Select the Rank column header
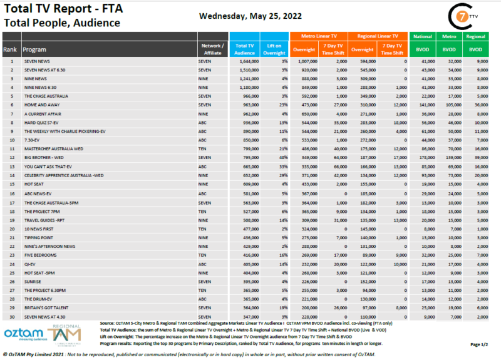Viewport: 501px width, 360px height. point(10,49)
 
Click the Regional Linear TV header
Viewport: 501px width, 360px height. point(378,37)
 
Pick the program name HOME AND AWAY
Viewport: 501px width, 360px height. point(41,106)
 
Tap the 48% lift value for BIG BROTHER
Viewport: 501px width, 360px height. point(283,159)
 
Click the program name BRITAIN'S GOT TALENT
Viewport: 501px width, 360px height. point(46,309)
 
